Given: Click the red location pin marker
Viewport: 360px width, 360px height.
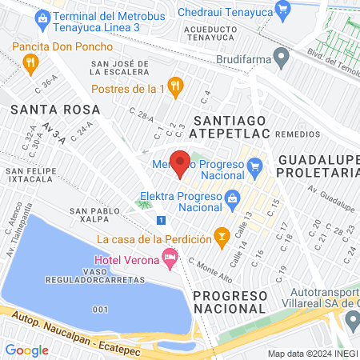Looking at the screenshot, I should click(181, 163).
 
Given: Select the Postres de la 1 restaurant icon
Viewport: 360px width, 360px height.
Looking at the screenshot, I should click(178, 87).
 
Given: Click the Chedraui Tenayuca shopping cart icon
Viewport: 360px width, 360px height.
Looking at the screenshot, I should click(282, 9).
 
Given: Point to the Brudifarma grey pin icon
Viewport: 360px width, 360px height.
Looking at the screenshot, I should click(281, 56).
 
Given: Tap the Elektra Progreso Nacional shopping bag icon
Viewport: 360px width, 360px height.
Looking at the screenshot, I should click(232, 197).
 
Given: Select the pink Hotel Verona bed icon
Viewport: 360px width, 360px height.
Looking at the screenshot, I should click(169, 258).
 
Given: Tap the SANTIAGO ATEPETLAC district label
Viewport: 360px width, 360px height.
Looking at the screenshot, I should click(227, 126).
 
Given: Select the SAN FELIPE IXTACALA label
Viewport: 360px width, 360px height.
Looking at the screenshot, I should click(33, 175).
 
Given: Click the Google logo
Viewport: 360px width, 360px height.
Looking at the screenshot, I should click(27, 350).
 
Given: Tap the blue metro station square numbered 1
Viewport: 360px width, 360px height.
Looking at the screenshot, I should click(162, 220).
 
